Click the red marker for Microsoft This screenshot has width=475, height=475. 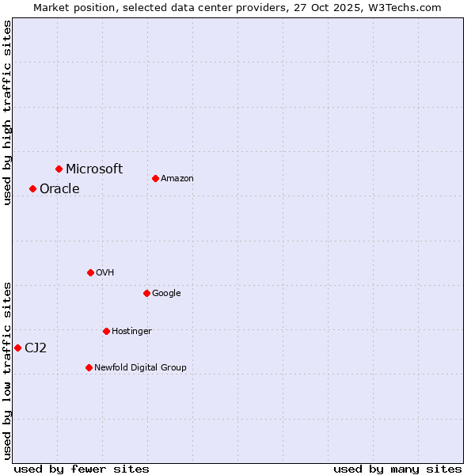[x=59, y=169]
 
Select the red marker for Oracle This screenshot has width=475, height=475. [x=32, y=188]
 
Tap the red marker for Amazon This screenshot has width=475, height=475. [x=155, y=178]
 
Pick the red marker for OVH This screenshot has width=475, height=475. [x=90, y=272]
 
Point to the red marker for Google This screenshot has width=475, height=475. [x=146, y=293]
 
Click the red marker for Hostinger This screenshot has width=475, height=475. [x=106, y=331]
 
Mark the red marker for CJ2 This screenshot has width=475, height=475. [x=17, y=348]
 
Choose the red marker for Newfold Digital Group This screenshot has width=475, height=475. [x=89, y=367]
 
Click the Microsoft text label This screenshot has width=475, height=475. [x=94, y=169]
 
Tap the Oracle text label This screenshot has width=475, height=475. [x=59, y=188]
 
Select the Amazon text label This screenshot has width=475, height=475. [x=177, y=179]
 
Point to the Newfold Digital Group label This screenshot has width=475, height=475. [x=140, y=367]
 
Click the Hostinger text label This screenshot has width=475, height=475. [x=131, y=331]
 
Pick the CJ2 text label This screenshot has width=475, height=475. [x=36, y=348]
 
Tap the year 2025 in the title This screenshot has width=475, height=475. [x=336, y=7]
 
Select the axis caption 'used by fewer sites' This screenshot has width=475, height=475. [x=82, y=469]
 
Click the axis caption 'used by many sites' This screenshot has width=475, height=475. [x=397, y=469]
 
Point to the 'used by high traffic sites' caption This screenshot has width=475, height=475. [x=7, y=112]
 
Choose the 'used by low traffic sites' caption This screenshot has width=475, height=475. [x=7, y=370]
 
